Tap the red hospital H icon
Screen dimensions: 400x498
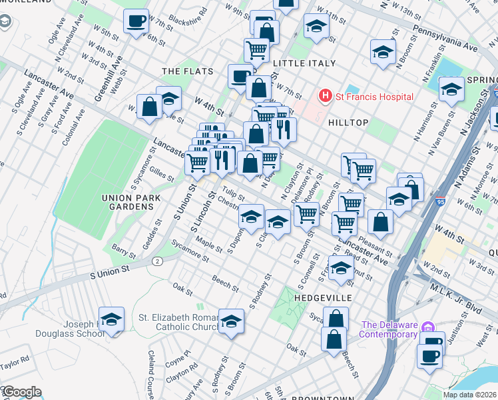coord(325,97)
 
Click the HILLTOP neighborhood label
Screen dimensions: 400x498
coord(348,123)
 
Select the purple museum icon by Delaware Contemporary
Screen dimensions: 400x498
coord(428,327)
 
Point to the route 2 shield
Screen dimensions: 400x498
coord(156,261)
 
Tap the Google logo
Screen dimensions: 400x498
coord(21,391)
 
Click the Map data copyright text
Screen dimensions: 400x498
coord(469,395)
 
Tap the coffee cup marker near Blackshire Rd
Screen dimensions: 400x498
coord(136,22)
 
